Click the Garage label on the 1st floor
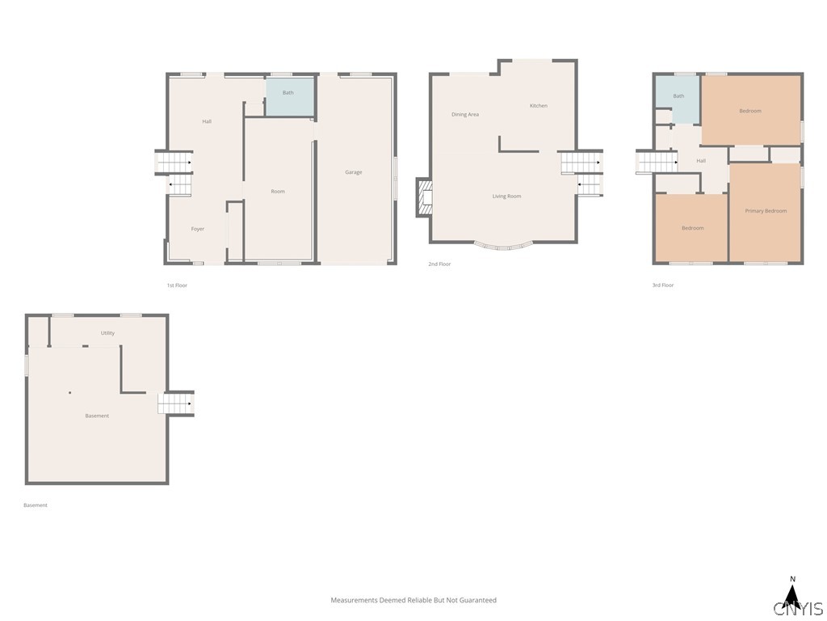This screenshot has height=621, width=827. tap(354, 172)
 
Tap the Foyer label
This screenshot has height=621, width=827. tap(198, 229)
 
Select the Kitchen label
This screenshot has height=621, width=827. tap(539, 106)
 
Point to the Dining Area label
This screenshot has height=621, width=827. tap(465, 115)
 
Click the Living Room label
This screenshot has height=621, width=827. tap(507, 196)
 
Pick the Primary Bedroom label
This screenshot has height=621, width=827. tap(766, 211)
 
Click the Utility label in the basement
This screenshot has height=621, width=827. tap(107, 333)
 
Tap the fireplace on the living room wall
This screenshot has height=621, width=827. tap(425, 197)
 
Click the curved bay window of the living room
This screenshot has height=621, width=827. tap(503, 247)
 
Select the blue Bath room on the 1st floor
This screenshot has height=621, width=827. tap(290, 97)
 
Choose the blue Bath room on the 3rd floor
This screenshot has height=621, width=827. tap(678, 99)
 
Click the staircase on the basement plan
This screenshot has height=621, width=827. tap(176, 404)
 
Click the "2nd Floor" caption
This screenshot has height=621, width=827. tap(439, 264)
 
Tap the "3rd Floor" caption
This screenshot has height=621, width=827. tap(663, 285)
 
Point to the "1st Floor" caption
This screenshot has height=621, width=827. tap(177, 285)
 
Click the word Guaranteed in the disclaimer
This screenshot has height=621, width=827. tap(478, 601)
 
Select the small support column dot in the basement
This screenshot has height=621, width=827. tap(69, 393)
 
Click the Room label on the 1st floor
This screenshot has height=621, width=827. tap(278, 192)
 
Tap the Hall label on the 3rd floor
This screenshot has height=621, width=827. tap(701, 161)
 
